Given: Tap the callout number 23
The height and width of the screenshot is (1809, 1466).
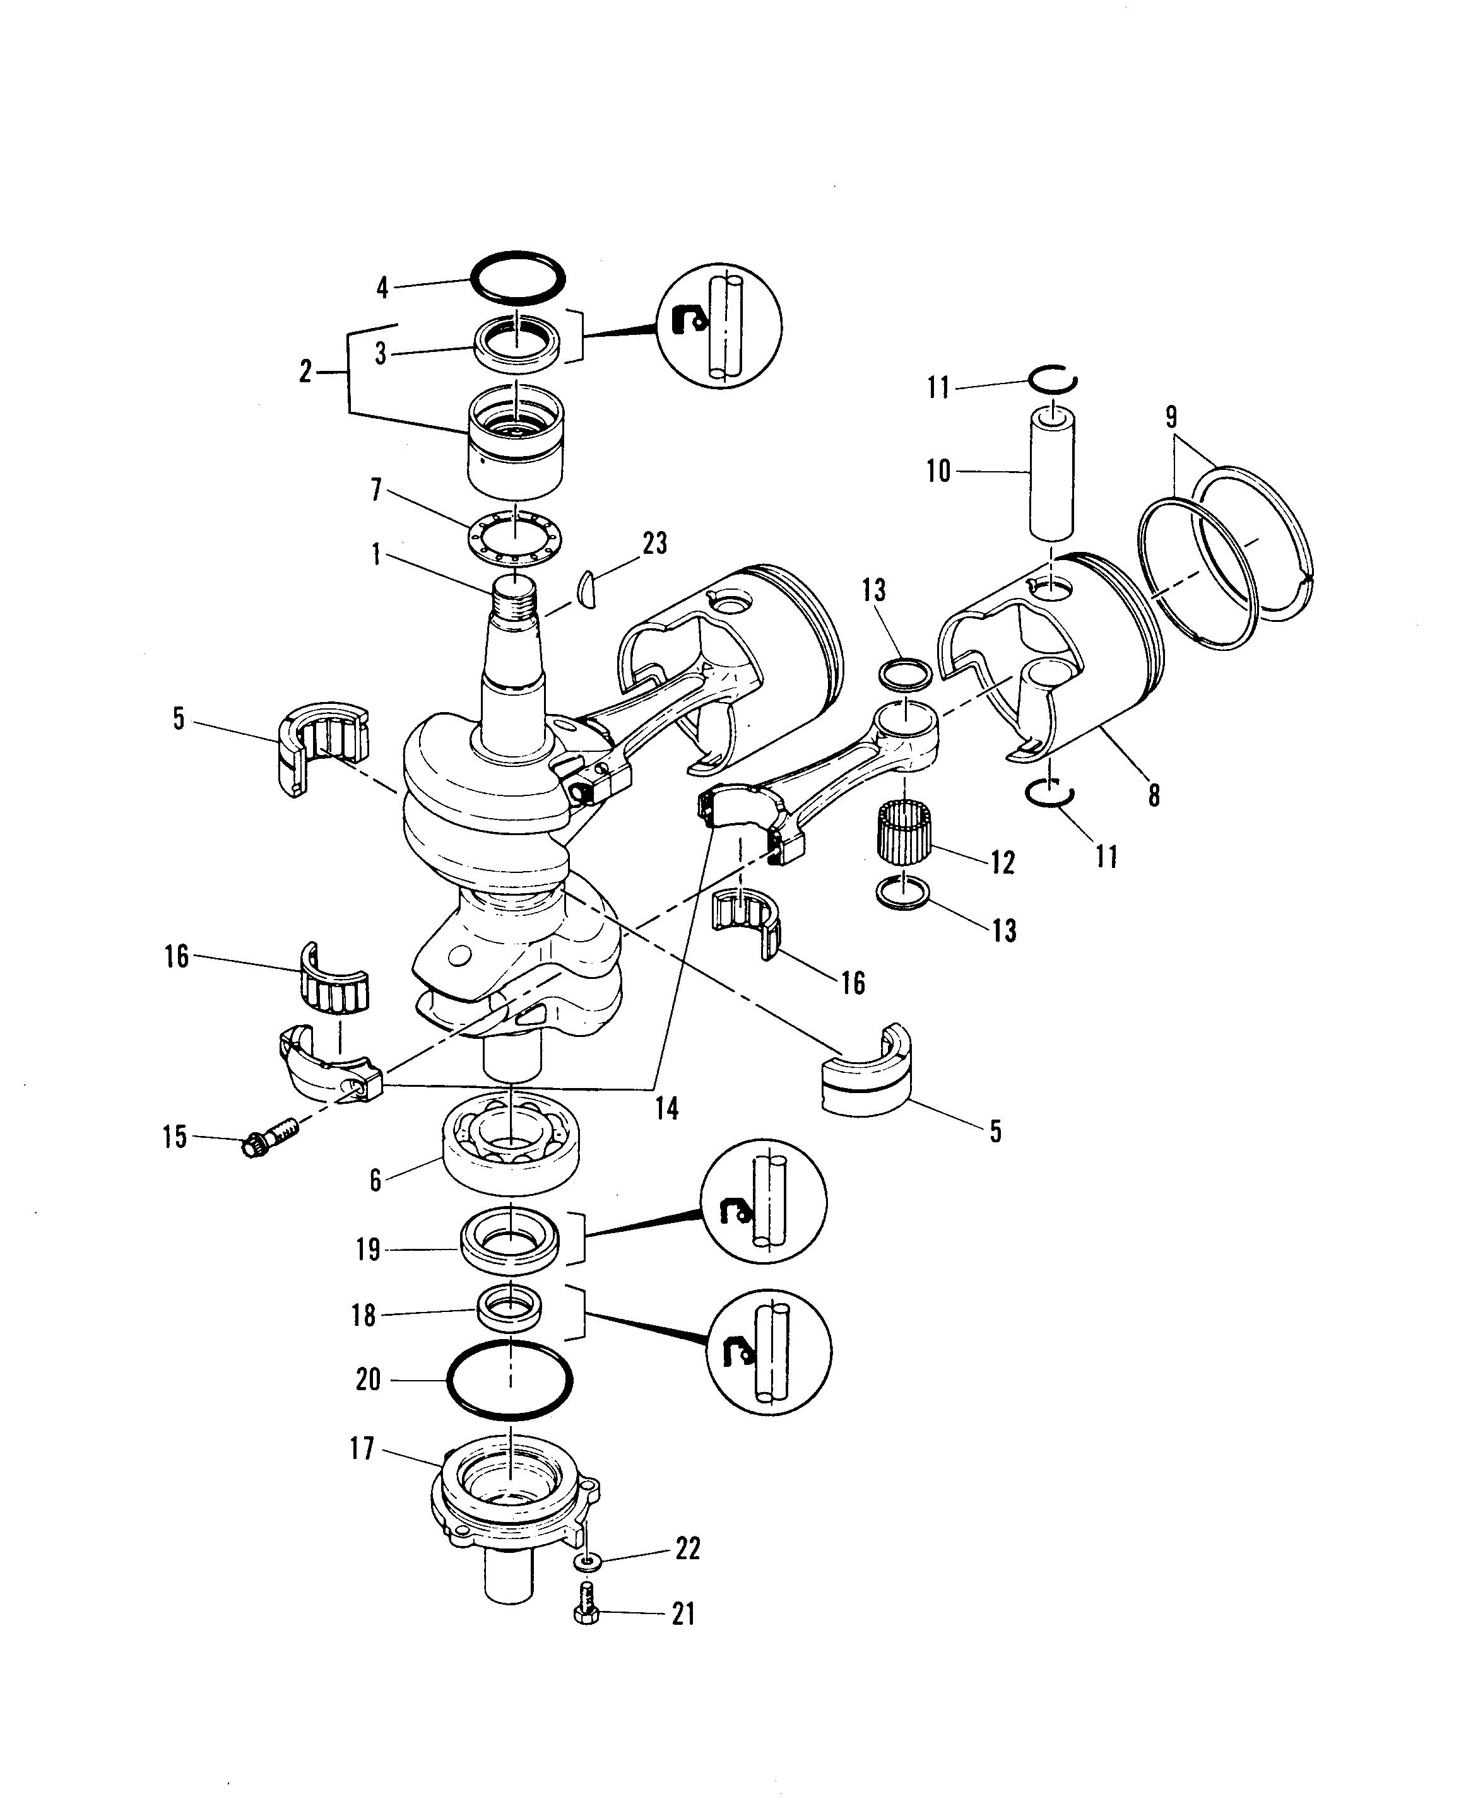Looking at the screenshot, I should [x=654, y=544].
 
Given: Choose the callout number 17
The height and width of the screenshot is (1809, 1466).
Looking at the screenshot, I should [x=362, y=1449].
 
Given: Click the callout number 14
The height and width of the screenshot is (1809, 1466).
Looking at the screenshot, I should [x=667, y=1108].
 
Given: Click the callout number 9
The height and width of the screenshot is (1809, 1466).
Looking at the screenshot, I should [x=1171, y=417].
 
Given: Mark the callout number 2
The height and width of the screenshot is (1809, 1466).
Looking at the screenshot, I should [x=305, y=372].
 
